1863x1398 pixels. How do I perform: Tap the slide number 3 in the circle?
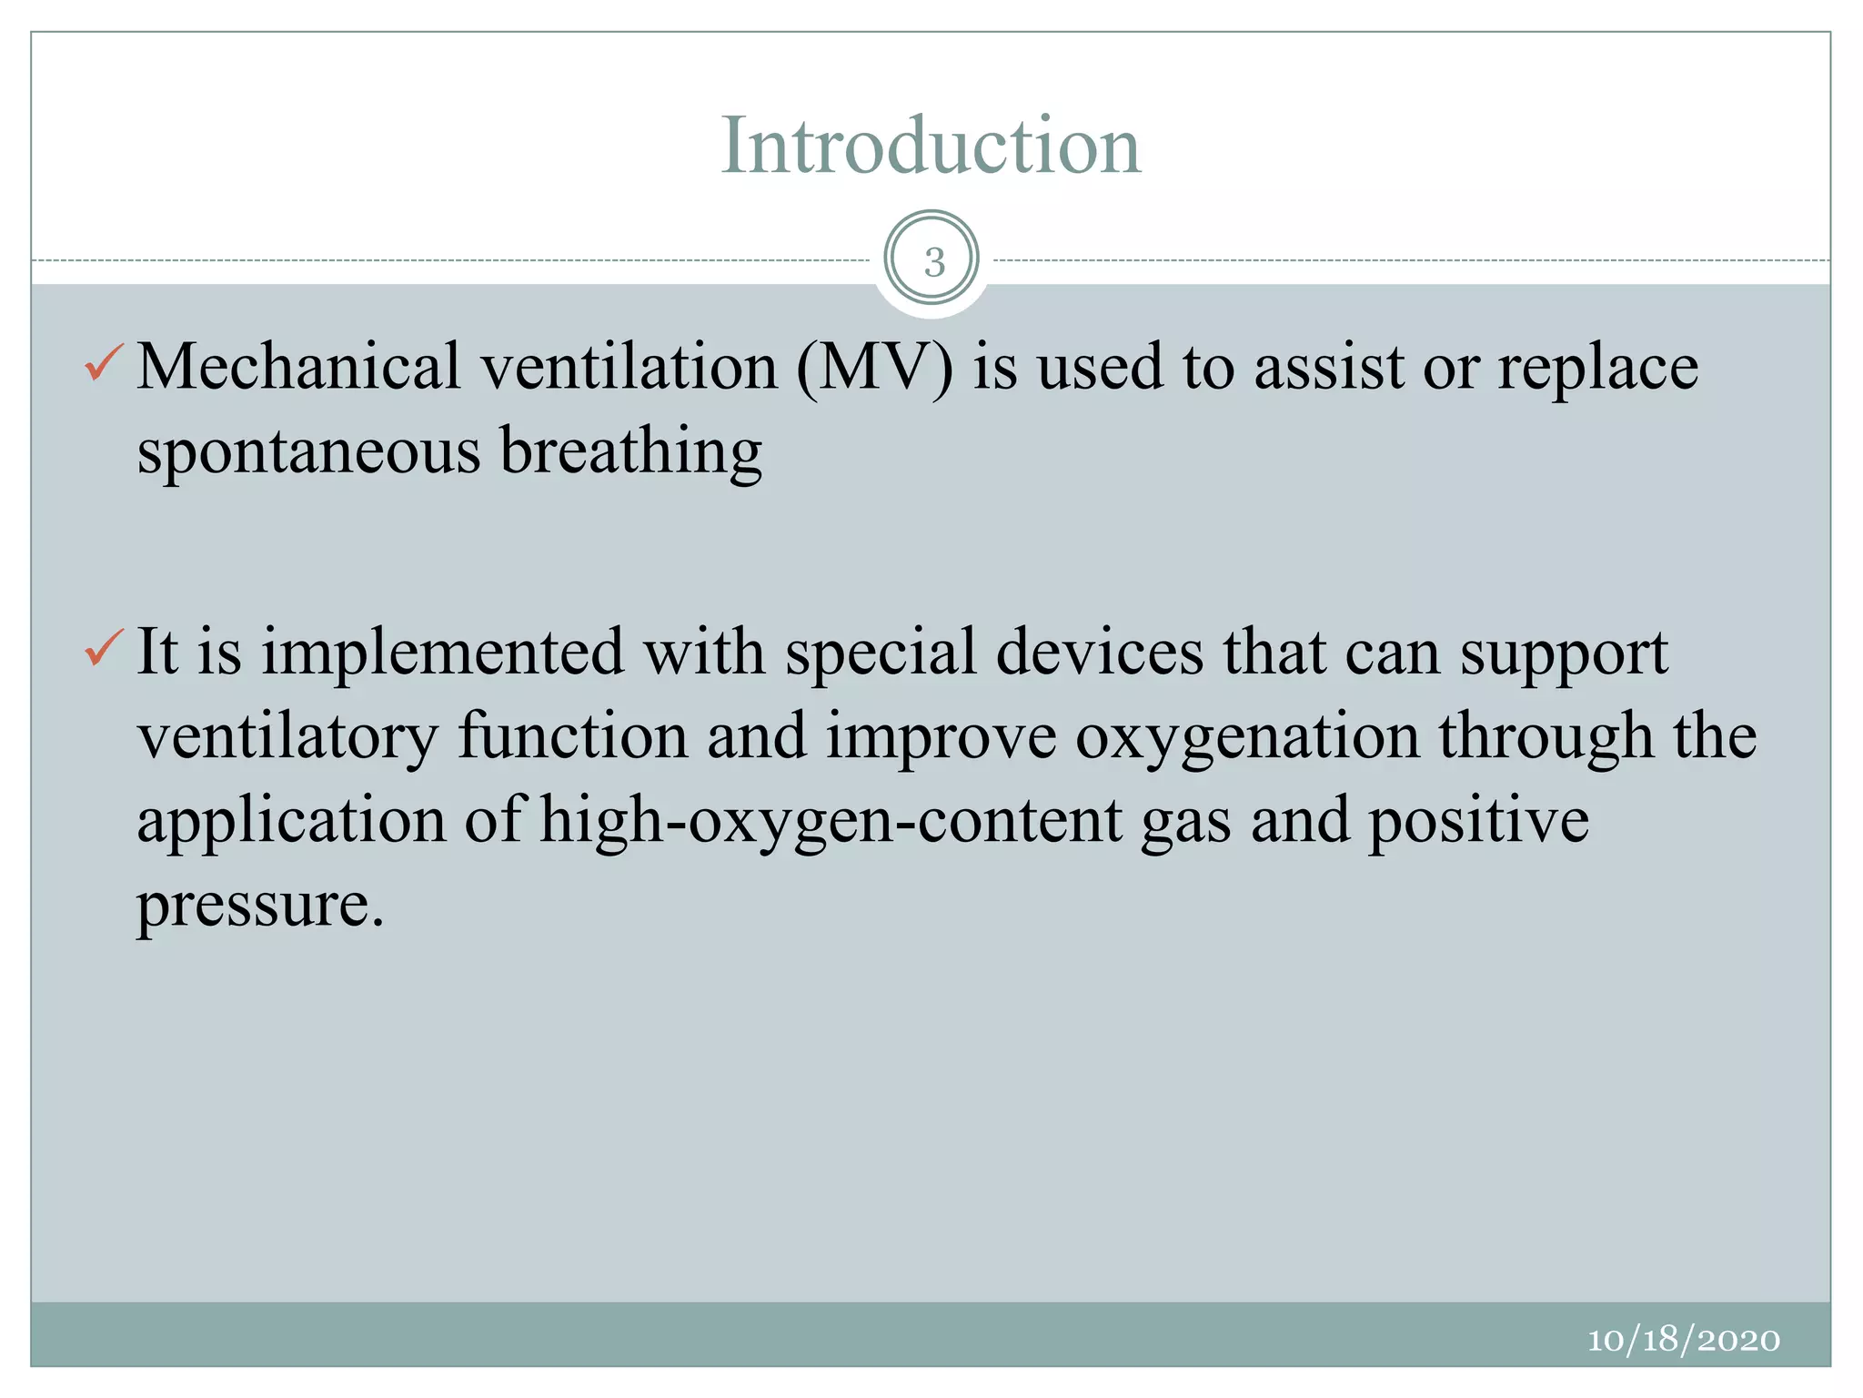coord(933,262)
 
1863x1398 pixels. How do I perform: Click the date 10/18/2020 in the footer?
coord(1683,1340)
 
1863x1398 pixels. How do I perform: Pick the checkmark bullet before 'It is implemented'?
coord(103,649)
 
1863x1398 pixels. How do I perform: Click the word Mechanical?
coord(298,367)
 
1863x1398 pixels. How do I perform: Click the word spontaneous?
coord(308,452)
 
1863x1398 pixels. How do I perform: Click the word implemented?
coord(443,652)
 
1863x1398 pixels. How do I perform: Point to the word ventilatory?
coord(288,736)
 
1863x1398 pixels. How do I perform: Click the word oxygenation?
coord(1247,738)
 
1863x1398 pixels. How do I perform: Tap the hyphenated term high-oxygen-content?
coord(831,822)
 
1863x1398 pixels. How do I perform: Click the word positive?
coord(1478,822)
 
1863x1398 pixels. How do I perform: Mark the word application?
coord(291,822)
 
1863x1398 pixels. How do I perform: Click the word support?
coord(1564,653)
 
